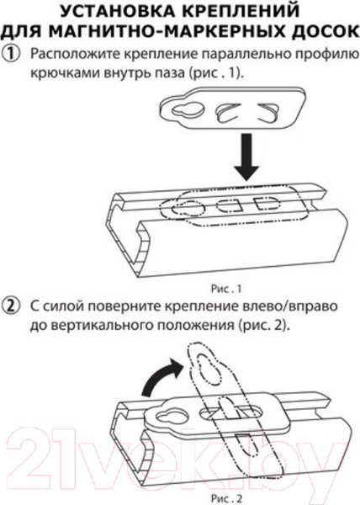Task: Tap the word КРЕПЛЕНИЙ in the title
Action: coord(246,13)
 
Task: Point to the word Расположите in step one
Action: coord(68,56)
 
